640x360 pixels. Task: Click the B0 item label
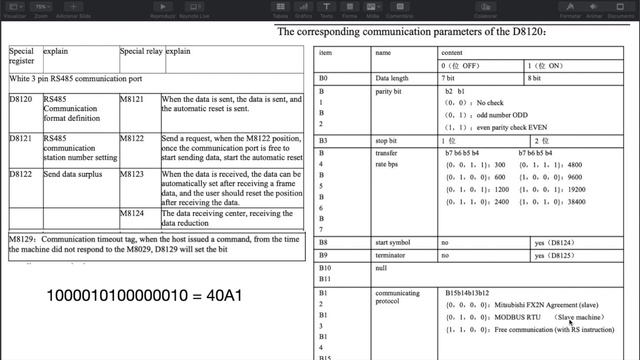[323, 77]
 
